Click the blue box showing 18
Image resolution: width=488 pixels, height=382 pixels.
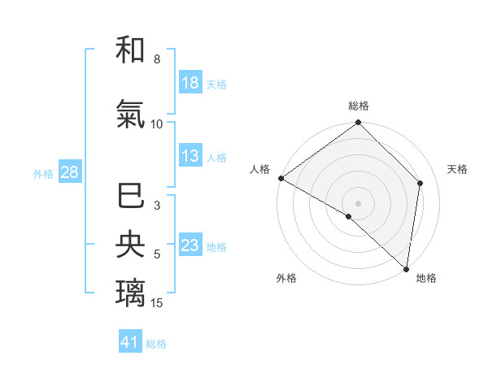[190, 83]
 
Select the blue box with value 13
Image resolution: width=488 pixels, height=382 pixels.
[190, 157]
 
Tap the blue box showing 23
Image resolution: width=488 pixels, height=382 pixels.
[190, 245]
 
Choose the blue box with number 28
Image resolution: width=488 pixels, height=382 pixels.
[69, 172]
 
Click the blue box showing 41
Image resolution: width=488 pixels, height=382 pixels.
[130, 342]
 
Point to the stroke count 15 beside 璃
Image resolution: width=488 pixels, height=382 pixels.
[158, 303]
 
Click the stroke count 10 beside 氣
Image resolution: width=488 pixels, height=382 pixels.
[157, 124]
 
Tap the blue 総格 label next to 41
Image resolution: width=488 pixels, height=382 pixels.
[156, 344]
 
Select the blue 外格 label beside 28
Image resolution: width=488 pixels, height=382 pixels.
[43, 173]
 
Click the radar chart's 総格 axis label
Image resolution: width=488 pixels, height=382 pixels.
[359, 106]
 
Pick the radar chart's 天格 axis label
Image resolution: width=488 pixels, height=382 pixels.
[457, 169]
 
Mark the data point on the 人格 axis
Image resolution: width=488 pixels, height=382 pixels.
[281, 178]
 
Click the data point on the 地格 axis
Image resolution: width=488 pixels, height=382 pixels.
[406, 268]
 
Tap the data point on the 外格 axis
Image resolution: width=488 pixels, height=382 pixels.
[349, 216]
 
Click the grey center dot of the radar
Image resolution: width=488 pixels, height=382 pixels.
[359, 202]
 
